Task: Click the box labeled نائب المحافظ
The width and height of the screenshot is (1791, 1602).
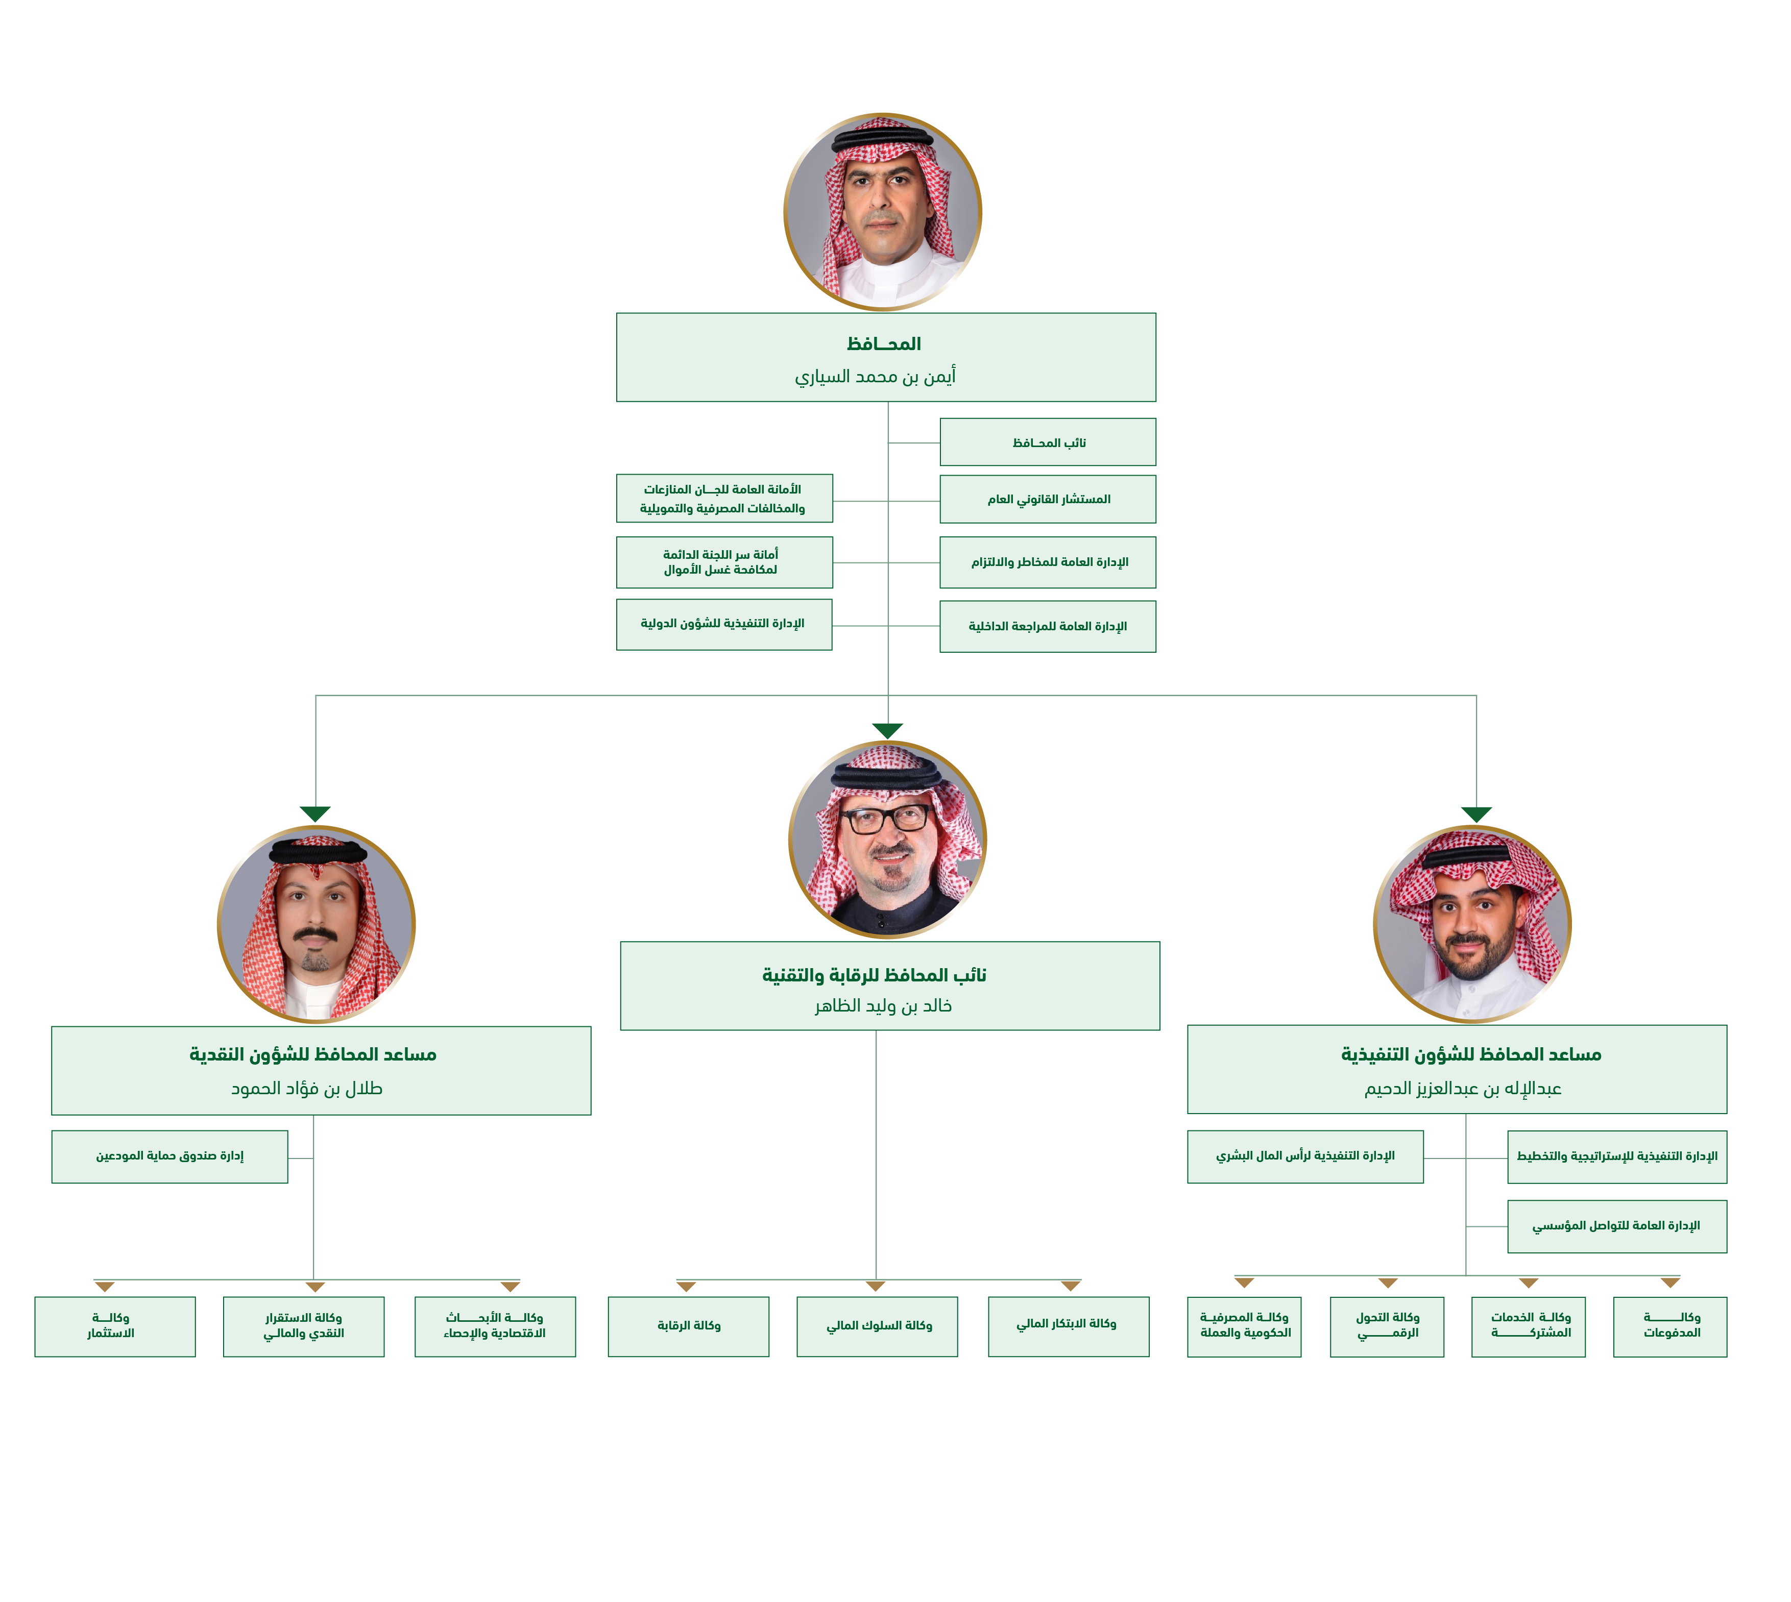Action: (x=1047, y=442)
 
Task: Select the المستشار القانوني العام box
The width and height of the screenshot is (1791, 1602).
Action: (x=1047, y=499)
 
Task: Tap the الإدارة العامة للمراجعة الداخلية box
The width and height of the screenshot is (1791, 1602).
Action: (x=1047, y=626)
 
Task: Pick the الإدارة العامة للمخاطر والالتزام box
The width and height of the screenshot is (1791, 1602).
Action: (x=1047, y=561)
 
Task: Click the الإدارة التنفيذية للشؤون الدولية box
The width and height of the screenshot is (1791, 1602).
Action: (x=724, y=624)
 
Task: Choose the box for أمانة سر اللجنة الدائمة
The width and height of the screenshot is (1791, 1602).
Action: (x=724, y=561)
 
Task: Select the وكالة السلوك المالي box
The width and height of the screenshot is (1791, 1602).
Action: (x=877, y=1325)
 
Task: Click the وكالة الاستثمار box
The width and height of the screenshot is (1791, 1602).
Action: (x=114, y=1325)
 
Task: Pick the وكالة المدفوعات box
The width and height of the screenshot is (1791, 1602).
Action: (x=1669, y=1325)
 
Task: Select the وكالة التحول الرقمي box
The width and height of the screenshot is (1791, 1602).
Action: (x=1386, y=1325)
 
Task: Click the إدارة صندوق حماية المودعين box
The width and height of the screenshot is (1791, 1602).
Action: (x=170, y=1156)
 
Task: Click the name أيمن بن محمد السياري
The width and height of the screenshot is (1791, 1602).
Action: (x=875, y=377)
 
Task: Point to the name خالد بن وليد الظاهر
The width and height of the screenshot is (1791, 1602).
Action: (x=883, y=1005)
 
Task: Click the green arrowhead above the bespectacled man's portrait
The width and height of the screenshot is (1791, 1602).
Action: (x=887, y=731)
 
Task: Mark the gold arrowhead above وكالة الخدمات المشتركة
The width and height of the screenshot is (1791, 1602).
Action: (x=1529, y=1284)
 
